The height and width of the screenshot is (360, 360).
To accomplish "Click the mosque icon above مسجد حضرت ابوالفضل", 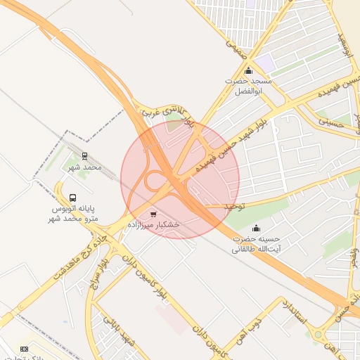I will [248, 71].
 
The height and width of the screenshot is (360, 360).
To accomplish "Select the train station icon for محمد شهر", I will [85, 156].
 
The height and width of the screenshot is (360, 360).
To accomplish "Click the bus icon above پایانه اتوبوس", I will [73, 198].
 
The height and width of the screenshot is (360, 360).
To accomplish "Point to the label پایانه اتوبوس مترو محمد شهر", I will [74, 214].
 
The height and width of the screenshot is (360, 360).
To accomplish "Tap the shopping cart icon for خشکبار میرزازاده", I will [153, 213].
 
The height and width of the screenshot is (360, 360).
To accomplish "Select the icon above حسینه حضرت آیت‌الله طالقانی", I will [256, 228].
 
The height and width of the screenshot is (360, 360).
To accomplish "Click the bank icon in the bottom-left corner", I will [25, 348].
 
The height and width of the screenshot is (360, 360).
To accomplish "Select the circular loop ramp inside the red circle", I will [154, 181].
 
